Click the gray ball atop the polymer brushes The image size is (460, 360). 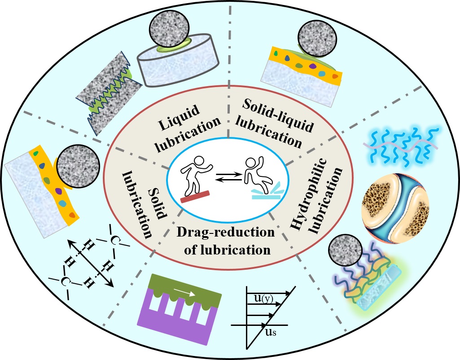[345, 254]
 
